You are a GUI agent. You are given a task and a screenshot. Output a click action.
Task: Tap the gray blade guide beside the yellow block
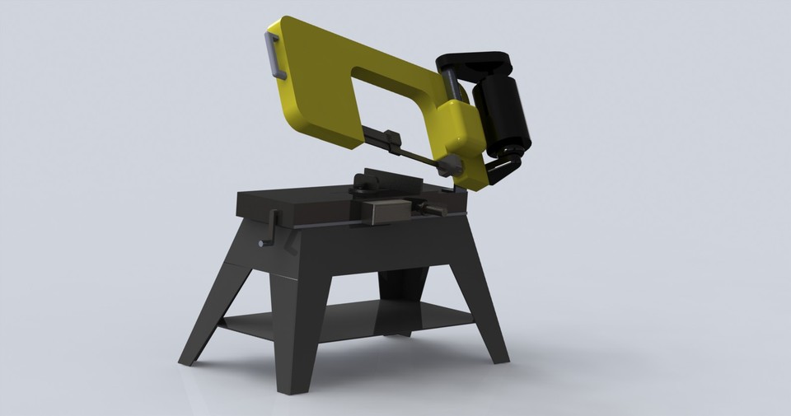pyautogui.click(x=450, y=166)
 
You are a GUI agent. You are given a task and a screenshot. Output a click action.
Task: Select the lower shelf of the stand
pyautogui.click(x=346, y=321)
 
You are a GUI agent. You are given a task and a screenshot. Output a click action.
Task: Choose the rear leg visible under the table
pyautogui.click(x=400, y=297)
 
